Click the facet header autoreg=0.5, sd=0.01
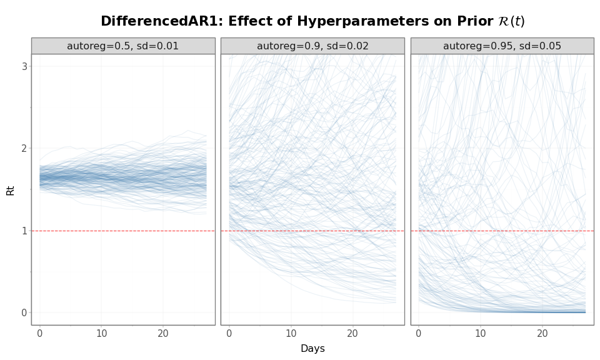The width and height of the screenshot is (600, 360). coord(123,46)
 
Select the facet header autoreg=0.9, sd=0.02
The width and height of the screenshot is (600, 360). coord(312,46)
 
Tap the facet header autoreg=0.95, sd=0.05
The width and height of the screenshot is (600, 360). coord(502,46)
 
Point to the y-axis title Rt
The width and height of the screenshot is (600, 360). coord(11,189)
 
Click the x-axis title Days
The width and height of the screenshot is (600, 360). coord(312,349)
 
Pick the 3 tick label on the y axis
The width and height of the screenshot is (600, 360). coord(25,66)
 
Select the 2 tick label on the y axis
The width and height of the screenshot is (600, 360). coord(25,148)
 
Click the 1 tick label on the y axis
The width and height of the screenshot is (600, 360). coord(25,231)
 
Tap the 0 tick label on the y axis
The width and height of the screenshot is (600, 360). coord(25,312)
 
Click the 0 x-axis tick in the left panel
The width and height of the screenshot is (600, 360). coord(40,334)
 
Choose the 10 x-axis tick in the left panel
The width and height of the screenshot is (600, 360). coord(101,334)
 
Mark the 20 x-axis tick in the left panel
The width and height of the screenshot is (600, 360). coord(163,334)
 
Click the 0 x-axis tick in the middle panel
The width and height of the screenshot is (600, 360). coord(229,334)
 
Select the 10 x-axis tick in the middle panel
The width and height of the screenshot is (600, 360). coord(291,334)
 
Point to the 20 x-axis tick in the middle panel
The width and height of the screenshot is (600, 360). coord(352,334)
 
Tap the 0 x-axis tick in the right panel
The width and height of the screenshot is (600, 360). coord(419,334)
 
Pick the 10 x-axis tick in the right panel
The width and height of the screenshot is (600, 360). coord(480,334)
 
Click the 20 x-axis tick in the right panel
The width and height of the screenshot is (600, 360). coord(542,334)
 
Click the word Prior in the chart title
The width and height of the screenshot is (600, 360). coord(474,21)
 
